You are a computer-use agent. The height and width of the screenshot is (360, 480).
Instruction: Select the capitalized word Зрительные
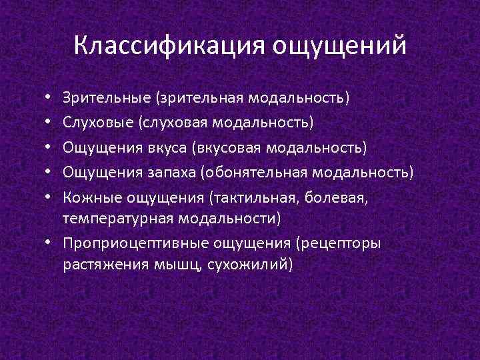tap(107, 99)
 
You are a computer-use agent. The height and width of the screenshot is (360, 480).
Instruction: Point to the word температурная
tap(118, 218)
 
